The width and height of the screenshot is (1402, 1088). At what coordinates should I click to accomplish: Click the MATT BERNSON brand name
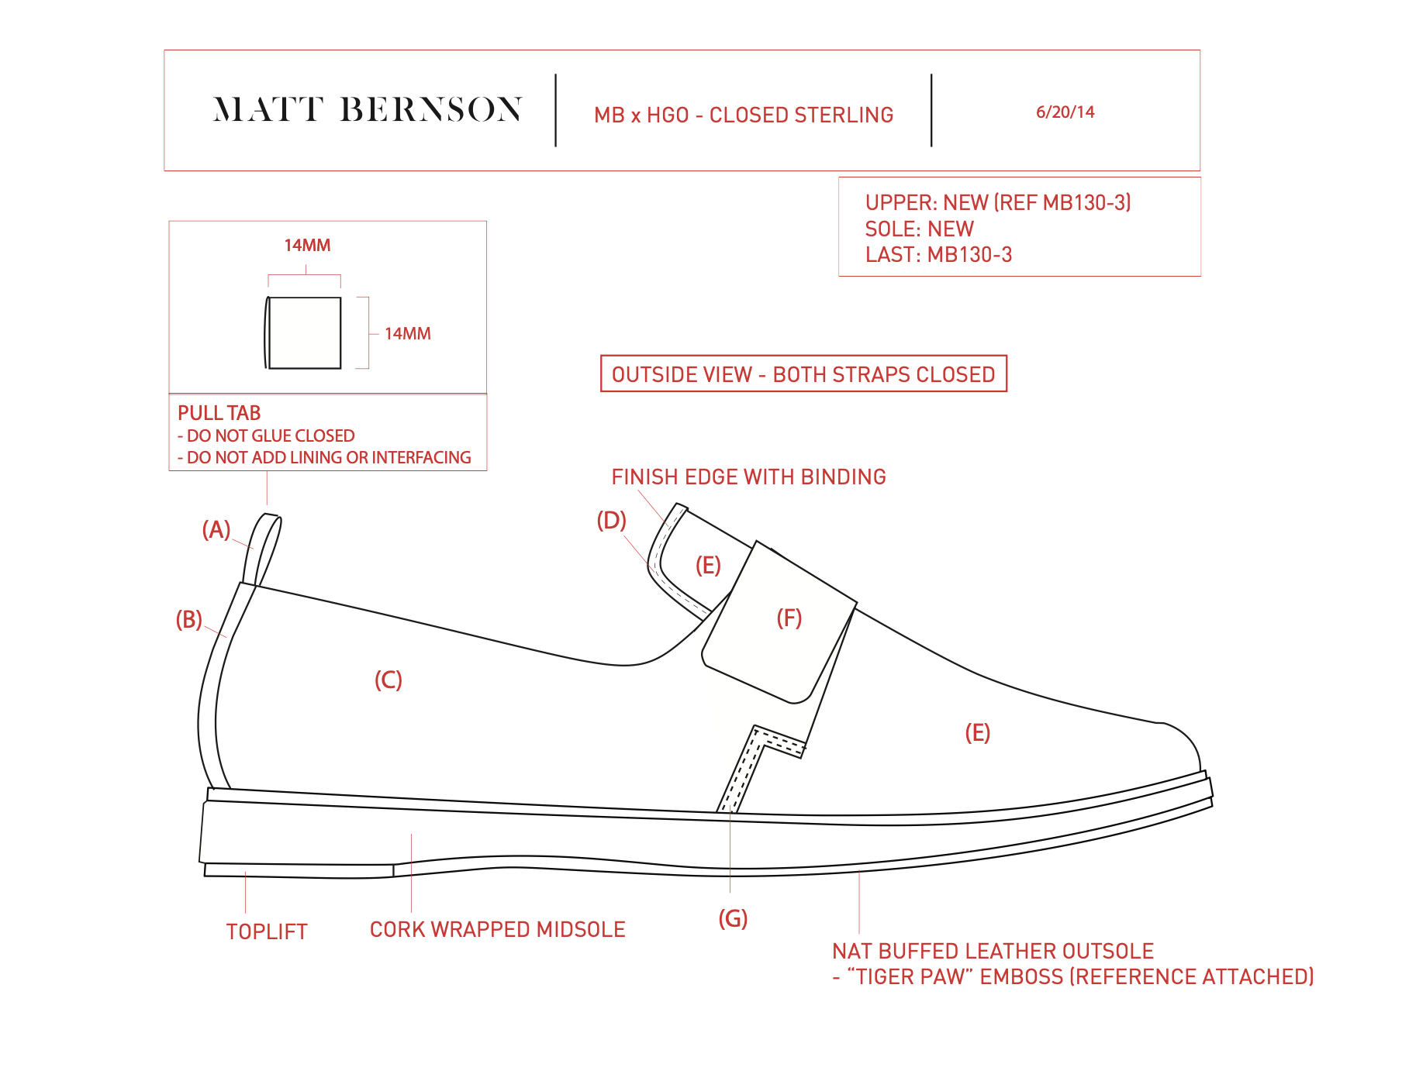click(367, 110)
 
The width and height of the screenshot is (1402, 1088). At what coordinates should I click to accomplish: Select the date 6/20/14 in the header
click(1065, 112)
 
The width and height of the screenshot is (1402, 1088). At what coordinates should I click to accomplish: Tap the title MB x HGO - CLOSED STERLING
click(743, 115)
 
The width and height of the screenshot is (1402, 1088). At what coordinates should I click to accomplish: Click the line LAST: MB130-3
click(938, 255)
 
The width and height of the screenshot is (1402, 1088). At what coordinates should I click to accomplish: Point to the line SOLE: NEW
click(919, 229)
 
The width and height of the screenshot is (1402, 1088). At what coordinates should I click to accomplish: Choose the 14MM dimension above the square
click(307, 246)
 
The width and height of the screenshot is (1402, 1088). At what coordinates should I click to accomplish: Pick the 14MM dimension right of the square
click(407, 334)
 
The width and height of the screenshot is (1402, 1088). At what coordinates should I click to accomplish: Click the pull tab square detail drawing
click(304, 332)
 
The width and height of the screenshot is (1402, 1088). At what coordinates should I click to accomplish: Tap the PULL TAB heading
click(219, 413)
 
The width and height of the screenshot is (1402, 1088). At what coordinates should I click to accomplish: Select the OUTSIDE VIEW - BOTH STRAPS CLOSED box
click(803, 374)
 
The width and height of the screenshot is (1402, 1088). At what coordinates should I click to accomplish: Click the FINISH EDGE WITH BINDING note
click(748, 477)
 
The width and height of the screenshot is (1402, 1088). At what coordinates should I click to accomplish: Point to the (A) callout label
click(216, 530)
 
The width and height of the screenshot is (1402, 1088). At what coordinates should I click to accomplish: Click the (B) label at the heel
click(188, 620)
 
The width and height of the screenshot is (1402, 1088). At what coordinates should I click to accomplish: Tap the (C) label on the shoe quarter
click(388, 680)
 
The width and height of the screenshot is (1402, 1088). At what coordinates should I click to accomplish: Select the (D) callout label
click(611, 521)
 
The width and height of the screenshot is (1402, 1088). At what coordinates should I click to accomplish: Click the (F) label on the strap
click(789, 618)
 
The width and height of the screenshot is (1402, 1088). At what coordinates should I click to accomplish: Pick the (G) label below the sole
click(733, 919)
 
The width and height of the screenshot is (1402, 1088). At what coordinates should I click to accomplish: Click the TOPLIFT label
click(267, 932)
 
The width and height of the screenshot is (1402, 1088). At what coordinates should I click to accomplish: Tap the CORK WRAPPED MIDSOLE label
click(497, 930)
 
